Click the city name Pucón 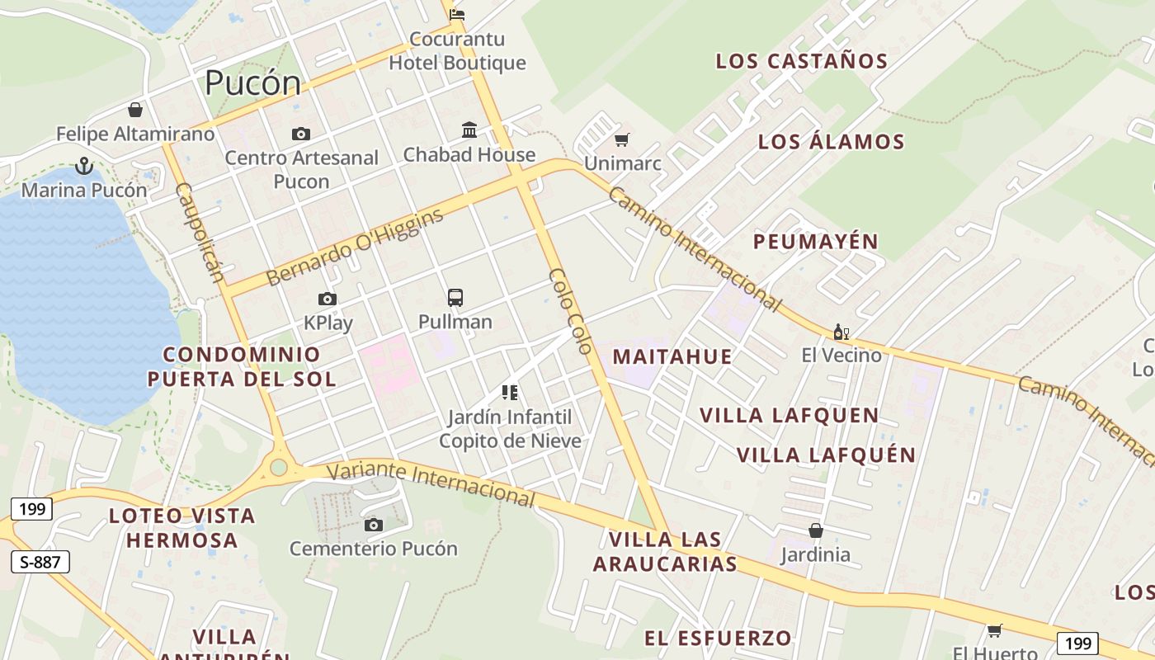pyautogui.click(x=252, y=83)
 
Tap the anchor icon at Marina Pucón pyautogui.click(x=83, y=167)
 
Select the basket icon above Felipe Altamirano pyautogui.click(x=135, y=110)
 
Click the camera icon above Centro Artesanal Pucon pyautogui.click(x=301, y=134)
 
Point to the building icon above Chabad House pyautogui.click(x=469, y=130)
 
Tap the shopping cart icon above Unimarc pyautogui.click(x=622, y=139)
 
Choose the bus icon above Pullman pyautogui.click(x=455, y=298)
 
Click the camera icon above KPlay pyautogui.click(x=328, y=299)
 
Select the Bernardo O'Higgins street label pyautogui.click(x=355, y=247)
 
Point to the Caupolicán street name pyautogui.click(x=200, y=232)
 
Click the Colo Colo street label pyautogui.click(x=570, y=311)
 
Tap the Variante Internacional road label pyautogui.click(x=431, y=483)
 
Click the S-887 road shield pyautogui.click(x=40, y=563)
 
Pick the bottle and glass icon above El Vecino pyautogui.click(x=841, y=332)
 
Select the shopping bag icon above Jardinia pyautogui.click(x=815, y=530)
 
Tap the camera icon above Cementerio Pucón pyautogui.click(x=374, y=525)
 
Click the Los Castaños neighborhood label pyautogui.click(x=801, y=61)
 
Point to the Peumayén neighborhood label pyautogui.click(x=815, y=242)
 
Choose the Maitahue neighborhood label pyautogui.click(x=672, y=357)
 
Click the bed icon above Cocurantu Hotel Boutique pyautogui.click(x=457, y=14)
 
